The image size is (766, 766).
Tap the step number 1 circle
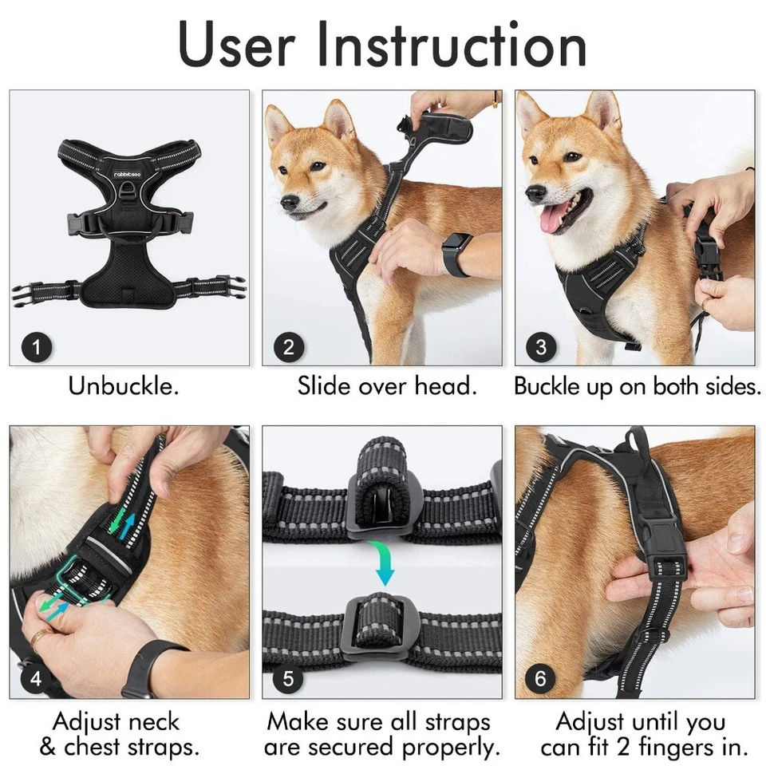(38, 348)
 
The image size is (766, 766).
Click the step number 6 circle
(541, 680)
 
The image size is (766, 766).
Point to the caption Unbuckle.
(123, 386)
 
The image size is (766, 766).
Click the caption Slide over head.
(387, 386)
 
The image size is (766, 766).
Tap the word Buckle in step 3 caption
(547, 386)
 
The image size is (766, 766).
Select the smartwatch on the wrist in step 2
(457, 254)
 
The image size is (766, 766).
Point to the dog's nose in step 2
(289, 201)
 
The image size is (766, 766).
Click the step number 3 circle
(541, 348)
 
